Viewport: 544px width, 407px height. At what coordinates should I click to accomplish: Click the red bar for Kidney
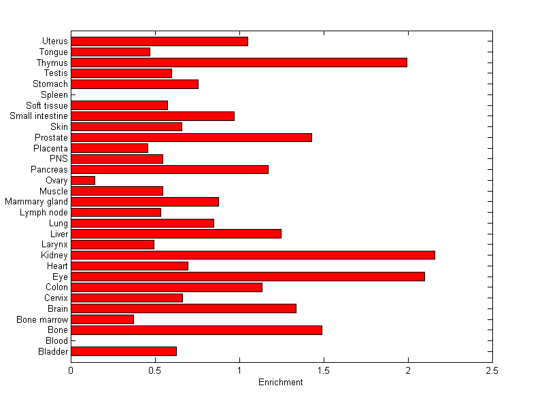[252, 255]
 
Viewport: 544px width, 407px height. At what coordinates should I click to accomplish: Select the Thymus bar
[239, 63]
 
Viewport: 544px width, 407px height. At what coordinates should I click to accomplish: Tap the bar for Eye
[248, 277]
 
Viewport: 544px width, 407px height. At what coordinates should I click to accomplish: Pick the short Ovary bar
[83, 180]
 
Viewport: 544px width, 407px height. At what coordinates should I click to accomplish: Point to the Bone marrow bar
[102, 319]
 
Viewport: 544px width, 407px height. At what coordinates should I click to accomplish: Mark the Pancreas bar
[169, 169]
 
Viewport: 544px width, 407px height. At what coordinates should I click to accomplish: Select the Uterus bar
[159, 41]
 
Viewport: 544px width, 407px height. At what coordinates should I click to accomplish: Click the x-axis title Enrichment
[280, 383]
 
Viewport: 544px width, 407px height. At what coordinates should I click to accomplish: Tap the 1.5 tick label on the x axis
[324, 371]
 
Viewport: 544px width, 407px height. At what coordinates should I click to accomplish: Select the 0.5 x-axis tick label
[155, 371]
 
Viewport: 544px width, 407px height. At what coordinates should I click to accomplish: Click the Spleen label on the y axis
[54, 94]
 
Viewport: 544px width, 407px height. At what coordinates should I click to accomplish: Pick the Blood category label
[56, 340]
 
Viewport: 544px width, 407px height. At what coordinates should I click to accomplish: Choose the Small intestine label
[39, 116]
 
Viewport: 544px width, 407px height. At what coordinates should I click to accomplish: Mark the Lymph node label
[44, 213]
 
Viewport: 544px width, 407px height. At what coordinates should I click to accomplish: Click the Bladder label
[54, 351]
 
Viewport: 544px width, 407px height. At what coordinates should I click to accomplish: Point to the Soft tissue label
[47, 105]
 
